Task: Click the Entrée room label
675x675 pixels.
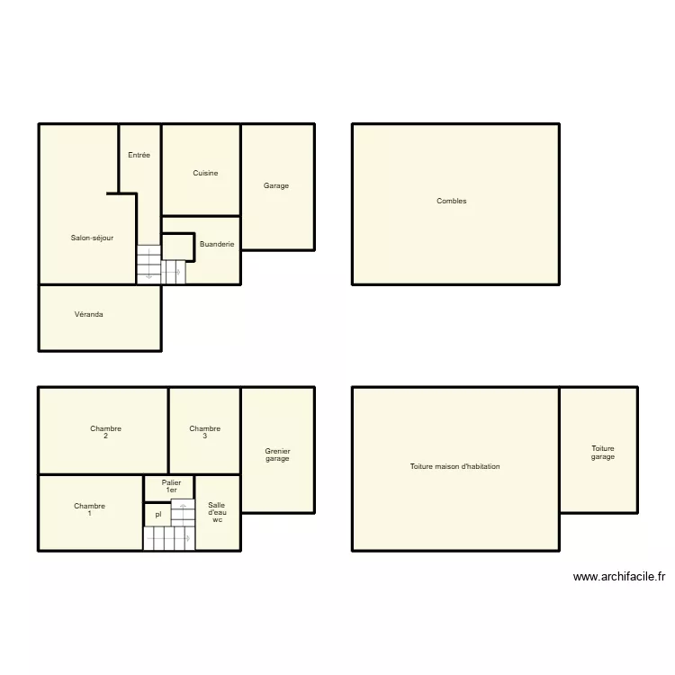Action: pos(139,155)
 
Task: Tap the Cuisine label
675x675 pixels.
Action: pos(205,173)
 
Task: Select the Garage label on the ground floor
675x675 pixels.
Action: pos(276,186)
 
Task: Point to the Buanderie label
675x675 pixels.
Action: pos(217,244)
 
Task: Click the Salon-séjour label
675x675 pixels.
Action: pos(92,238)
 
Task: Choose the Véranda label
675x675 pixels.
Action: pos(88,314)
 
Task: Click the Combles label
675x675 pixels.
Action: pos(451,202)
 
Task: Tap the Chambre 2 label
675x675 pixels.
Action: pos(105,432)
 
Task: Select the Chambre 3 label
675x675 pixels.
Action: pos(204,432)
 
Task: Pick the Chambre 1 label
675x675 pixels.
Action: pos(89,509)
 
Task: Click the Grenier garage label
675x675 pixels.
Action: pos(277,454)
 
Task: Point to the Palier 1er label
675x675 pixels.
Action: pos(171,486)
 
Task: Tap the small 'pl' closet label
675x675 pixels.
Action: pos(157,515)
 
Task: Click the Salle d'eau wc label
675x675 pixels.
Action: pos(217,512)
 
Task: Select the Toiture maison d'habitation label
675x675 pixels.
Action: pos(454,466)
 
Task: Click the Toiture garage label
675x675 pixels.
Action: pos(602,453)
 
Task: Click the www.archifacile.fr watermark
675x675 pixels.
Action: pos(618,577)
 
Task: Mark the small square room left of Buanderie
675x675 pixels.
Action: pos(178,246)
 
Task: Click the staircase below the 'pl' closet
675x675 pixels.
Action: pos(168,538)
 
